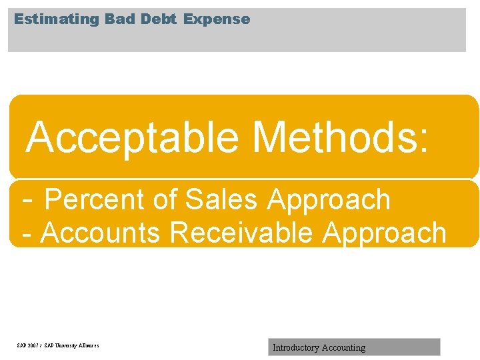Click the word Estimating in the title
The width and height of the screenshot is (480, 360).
pos(57,19)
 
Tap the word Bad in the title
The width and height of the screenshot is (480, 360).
pos(120,19)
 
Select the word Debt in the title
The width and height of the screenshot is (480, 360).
pos(159,19)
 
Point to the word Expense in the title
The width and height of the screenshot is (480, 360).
pos(217,19)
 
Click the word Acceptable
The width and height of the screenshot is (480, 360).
pos(133,137)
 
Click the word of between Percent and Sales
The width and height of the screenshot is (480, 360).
pos(165,200)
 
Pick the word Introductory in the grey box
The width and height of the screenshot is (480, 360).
pos(295,347)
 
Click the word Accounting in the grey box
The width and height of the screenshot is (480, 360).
pos(343,348)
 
